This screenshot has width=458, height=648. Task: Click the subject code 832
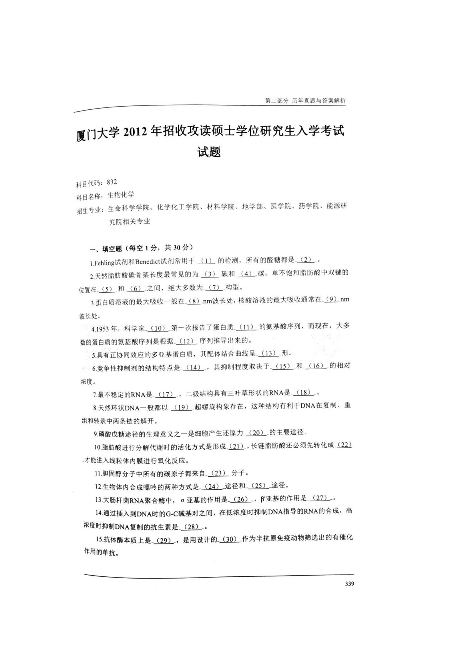pos(112,182)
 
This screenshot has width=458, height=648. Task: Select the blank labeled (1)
pos(207,261)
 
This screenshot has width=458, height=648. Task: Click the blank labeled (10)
pos(158,328)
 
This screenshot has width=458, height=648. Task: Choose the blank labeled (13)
pos(269,353)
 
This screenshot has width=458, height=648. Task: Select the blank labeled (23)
pos(219,473)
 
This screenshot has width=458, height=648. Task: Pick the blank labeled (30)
pos(229,540)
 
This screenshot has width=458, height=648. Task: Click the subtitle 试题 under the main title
pos(209,152)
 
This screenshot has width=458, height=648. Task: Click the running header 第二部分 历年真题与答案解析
pos(305,100)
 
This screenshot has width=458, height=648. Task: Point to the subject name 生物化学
pos(121,195)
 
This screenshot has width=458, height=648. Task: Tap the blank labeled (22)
pos(344,445)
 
